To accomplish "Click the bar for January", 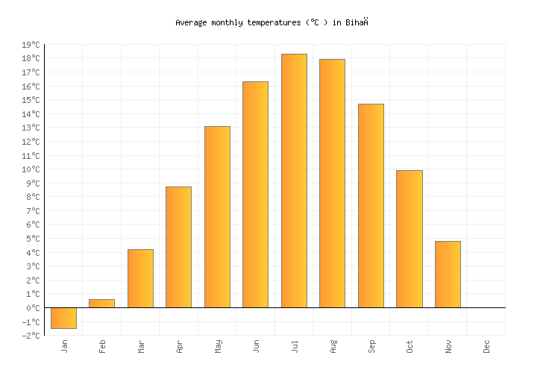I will [63, 318].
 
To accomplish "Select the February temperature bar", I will [101, 304].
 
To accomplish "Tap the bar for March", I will [140, 278].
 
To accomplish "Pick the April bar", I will [178, 247].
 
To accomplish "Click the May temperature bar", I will [217, 216].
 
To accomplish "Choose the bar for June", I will [255, 194].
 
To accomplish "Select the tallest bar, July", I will [294, 181].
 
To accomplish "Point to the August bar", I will [332, 183].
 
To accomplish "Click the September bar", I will [371, 205].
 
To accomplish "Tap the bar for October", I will [409, 239].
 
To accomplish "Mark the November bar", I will [448, 274].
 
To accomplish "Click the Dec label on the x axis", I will [486, 346].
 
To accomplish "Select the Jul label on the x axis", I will [294, 346].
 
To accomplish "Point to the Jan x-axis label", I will [63, 346].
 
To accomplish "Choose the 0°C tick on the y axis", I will [32, 308].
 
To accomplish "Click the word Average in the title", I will [192, 22].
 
